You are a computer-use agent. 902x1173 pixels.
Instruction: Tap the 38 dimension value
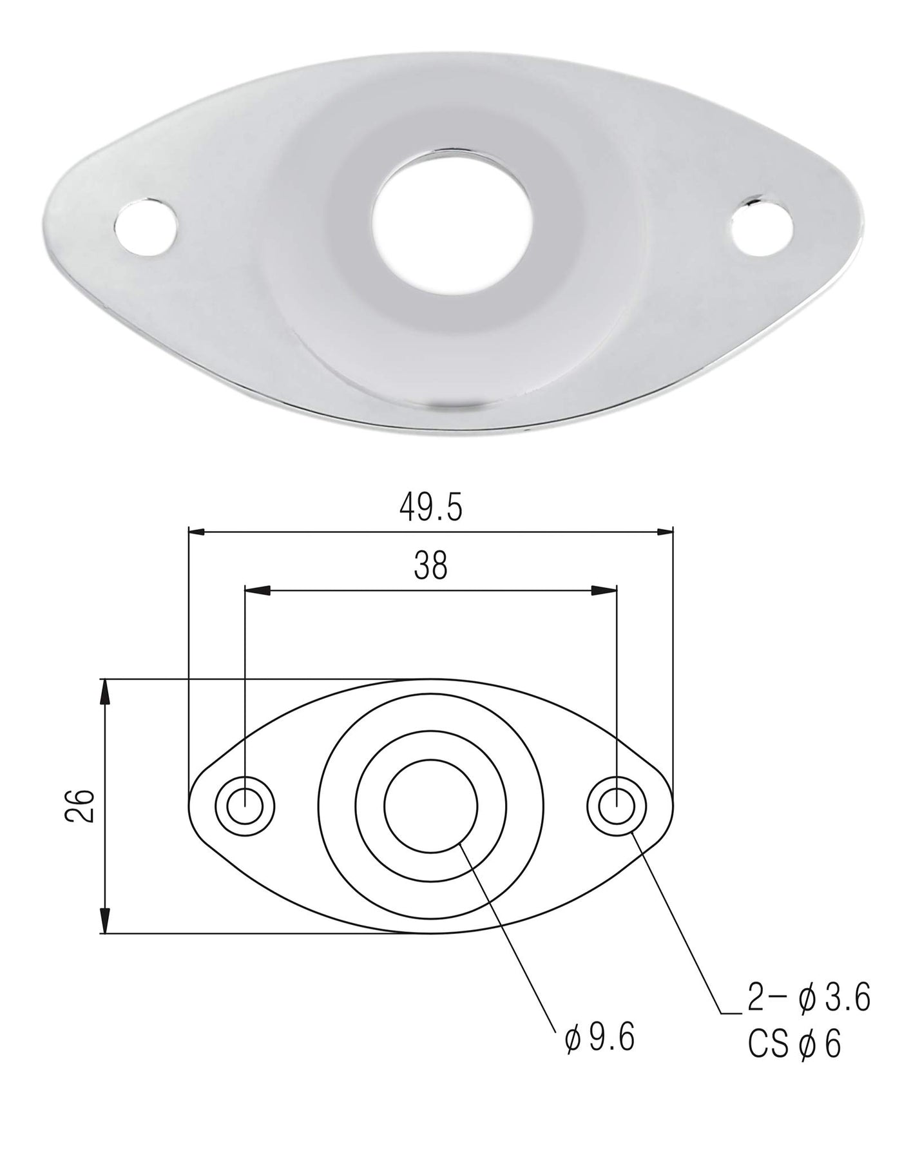(x=431, y=567)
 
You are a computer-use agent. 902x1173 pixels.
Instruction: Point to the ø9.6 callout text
(x=599, y=1037)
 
